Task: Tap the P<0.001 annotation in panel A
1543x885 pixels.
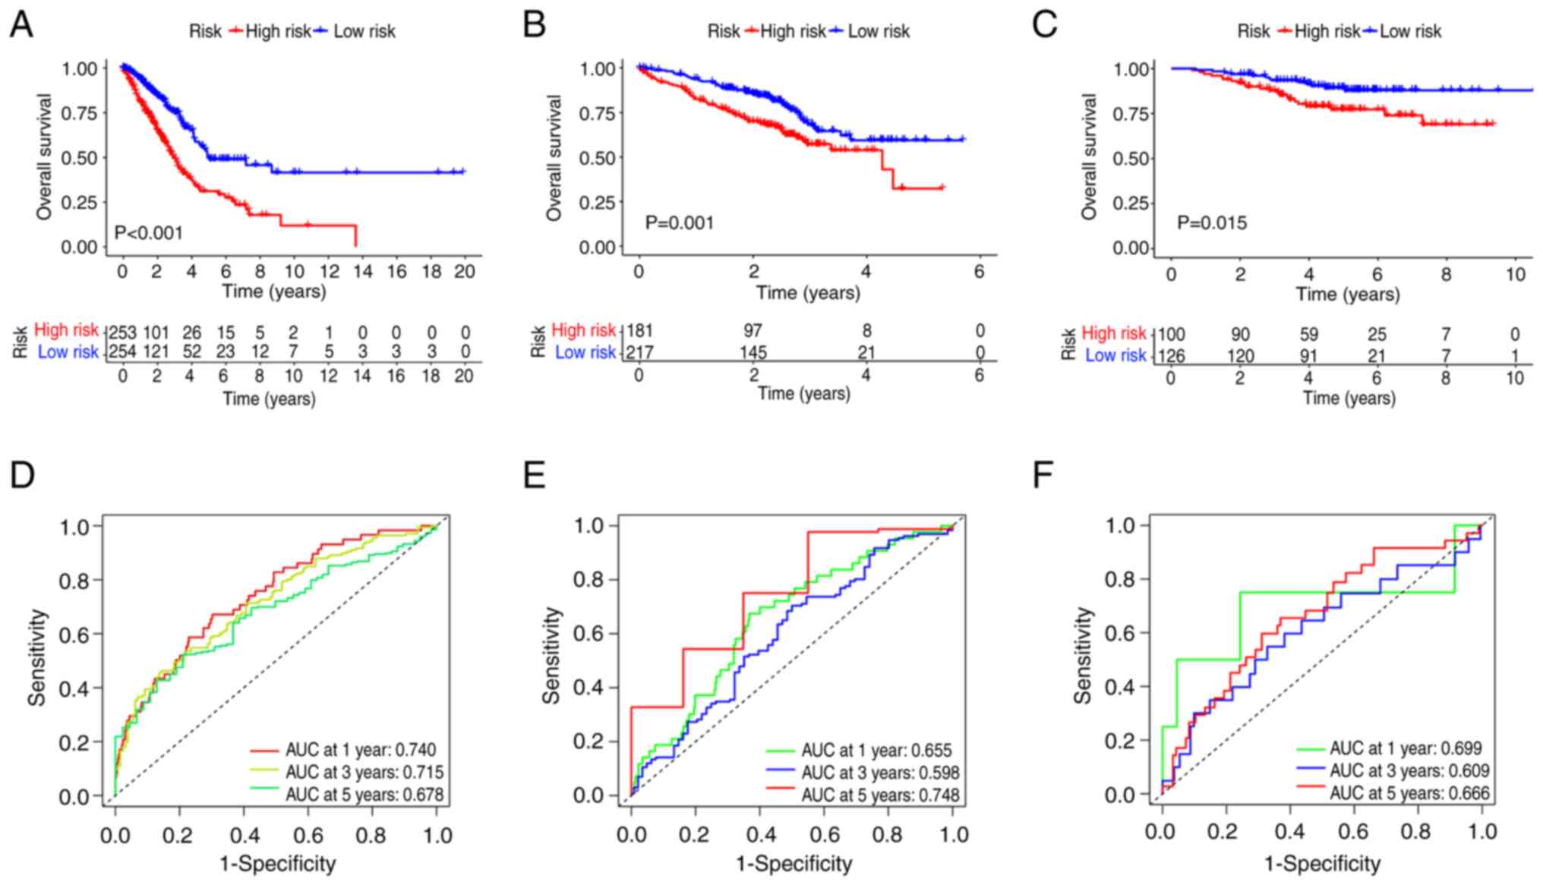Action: click(149, 232)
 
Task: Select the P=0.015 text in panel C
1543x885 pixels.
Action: click(1212, 222)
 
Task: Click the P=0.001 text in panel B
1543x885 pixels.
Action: click(679, 222)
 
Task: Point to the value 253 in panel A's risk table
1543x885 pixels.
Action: click(121, 332)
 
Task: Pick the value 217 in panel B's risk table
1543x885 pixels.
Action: click(639, 352)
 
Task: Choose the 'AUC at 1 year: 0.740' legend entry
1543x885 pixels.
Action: click(360, 750)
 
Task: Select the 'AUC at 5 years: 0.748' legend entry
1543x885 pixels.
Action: click(879, 795)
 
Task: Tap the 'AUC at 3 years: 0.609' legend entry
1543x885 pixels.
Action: click(1409, 770)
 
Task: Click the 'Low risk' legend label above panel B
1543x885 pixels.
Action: click(879, 31)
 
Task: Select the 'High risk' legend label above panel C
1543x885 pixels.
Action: click(1327, 31)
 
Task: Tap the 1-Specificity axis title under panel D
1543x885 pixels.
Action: click(277, 863)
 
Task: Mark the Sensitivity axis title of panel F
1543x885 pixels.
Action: click(1083, 656)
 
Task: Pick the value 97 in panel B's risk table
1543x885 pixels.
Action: click(752, 331)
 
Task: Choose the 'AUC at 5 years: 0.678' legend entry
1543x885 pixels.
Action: click(364, 795)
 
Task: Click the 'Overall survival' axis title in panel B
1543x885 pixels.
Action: click(554, 158)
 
